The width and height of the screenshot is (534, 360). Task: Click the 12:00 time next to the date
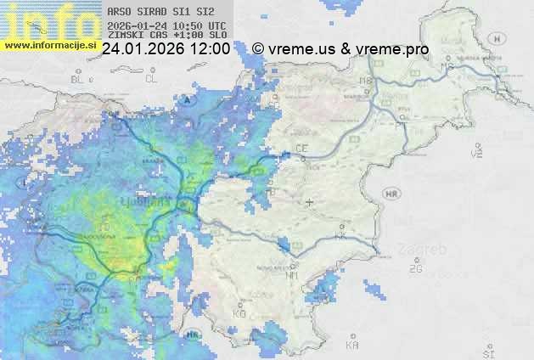210,49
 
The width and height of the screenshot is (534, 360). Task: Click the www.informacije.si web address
51,44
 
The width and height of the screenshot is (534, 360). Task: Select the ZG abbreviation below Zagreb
415,269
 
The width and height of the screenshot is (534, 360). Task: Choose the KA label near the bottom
352,346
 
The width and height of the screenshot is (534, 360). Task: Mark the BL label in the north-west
79,79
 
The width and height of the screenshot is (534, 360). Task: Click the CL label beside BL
151,79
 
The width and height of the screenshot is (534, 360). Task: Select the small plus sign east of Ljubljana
309,202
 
